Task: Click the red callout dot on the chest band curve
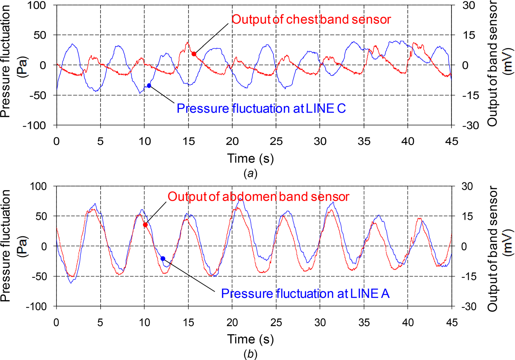click(x=194, y=54)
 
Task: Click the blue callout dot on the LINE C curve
click(x=149, y=86)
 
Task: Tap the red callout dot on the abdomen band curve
click(x=145, y=225)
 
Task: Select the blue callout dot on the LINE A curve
click(x=163, y=259)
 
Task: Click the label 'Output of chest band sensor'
click(x=311, y=19)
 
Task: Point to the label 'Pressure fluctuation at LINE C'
click(x=261, y=109)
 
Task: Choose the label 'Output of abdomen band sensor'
click(x=258, y=197)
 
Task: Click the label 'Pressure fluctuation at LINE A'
click(x=305, y=294)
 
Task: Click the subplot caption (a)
click(x=250, y=173)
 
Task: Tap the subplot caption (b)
click(x=250, y=354)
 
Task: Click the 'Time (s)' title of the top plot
click(x=250, y=158)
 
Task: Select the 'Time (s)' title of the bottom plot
click(x=250, y=339)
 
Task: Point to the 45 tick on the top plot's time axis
click(x=451, y=141)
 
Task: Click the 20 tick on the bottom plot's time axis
click(x=232, y=322)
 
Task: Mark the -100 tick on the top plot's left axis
click(x=36, y=126)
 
